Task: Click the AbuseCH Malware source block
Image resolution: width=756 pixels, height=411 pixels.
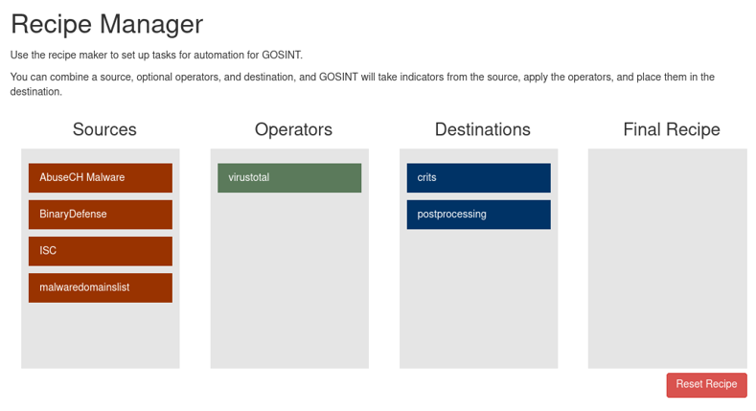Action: click(x=101, y=178)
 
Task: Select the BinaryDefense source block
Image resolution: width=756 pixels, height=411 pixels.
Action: click(x=101, y=215)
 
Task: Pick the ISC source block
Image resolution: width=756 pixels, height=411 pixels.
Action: click(x=101, y=251)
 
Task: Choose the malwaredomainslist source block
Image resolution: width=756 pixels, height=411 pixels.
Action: click(x=101, y=287)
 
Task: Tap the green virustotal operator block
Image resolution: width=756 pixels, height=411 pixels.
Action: click(x=289, y=178)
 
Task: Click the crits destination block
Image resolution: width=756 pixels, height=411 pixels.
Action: click(x=478, y=178)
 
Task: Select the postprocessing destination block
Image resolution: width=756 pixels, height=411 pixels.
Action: click(x=478, y=215)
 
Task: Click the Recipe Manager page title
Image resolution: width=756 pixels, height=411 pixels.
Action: click(x=107, y=24)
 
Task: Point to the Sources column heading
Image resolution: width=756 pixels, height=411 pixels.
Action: click(x=104, y=129)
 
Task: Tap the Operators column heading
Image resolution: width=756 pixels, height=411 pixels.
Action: click(x=293, y=129)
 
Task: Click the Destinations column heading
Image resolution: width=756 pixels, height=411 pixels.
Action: click(x=483, y=129)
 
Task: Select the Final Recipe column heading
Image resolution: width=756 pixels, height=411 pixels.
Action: click(x=672, y=129)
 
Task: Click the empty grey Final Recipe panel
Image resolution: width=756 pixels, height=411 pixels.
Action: click(x=667, y=259)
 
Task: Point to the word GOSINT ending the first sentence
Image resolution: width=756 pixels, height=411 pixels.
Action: click(x=282, y=55)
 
